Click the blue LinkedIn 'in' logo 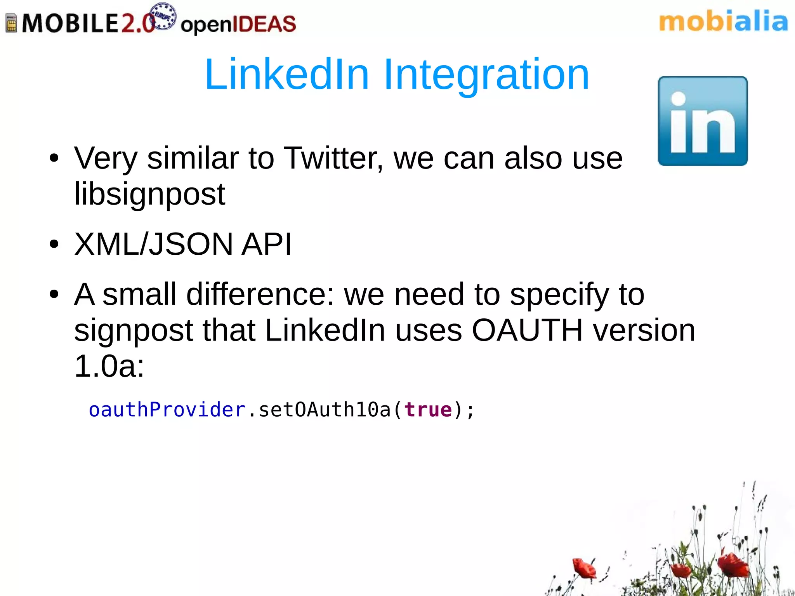pyautogui.click(x=703, y=121)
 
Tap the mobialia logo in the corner pyautogui.click(x=723, y=22)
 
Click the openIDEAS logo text pyautogui.click(x=238, y=24)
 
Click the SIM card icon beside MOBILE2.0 pyautogui.click(x=11, y=23)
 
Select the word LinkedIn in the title pyautogui.click(x=286, y=74)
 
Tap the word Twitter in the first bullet pyautogui.click(x=333, y=158)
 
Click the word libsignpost pyautogui.click(x=149, y=194)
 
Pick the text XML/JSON pyautogui.click(x=153, y=244)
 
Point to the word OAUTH pyautogui.click(x=527, y=330)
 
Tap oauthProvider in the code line pyautogui.click(x=167, y=410)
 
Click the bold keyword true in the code pyautogui.click(x=428, y=410)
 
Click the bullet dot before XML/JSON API pyautogui.click(x=54, y=245)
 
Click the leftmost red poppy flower pyautogui.click(x=583, y=568)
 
